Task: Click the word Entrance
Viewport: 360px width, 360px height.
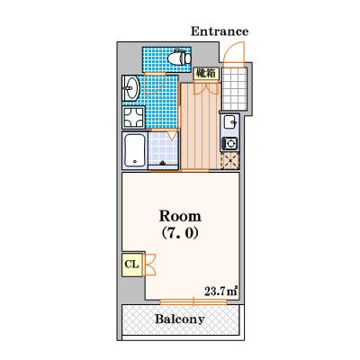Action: [x=220, y=31]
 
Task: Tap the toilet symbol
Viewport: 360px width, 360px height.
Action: [x=179, y=58]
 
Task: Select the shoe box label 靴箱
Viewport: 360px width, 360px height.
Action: [x=206, y=73]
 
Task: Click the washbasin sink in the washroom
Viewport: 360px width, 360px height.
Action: [x=130, y=88]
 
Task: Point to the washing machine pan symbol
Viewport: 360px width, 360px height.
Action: [x=133, y=117]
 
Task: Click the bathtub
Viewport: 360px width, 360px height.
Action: [x=135, y=150]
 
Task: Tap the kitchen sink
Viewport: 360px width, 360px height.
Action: [x=230, y=122]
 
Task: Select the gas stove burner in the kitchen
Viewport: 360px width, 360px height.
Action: [x=230, y=144]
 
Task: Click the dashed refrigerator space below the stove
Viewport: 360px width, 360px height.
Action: [x=230, y=161]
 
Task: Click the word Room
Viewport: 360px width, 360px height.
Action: [x=180, y=216]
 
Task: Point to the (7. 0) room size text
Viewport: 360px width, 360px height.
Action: [x=180, y=233]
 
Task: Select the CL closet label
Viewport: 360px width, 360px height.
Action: [x=131, y=265]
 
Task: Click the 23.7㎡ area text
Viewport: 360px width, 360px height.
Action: [x=221, y=292]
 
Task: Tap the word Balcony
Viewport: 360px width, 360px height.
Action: [x=180, y=319]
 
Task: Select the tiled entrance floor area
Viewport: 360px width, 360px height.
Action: [x=234, y=89]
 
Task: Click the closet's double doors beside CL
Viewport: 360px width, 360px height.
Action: [x=150, y=265]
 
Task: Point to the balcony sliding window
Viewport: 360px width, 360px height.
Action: [x=193, y=301]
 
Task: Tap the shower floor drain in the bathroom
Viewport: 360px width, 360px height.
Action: [x=163, y=163]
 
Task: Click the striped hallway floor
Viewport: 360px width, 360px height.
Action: [x=201, y=127]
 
